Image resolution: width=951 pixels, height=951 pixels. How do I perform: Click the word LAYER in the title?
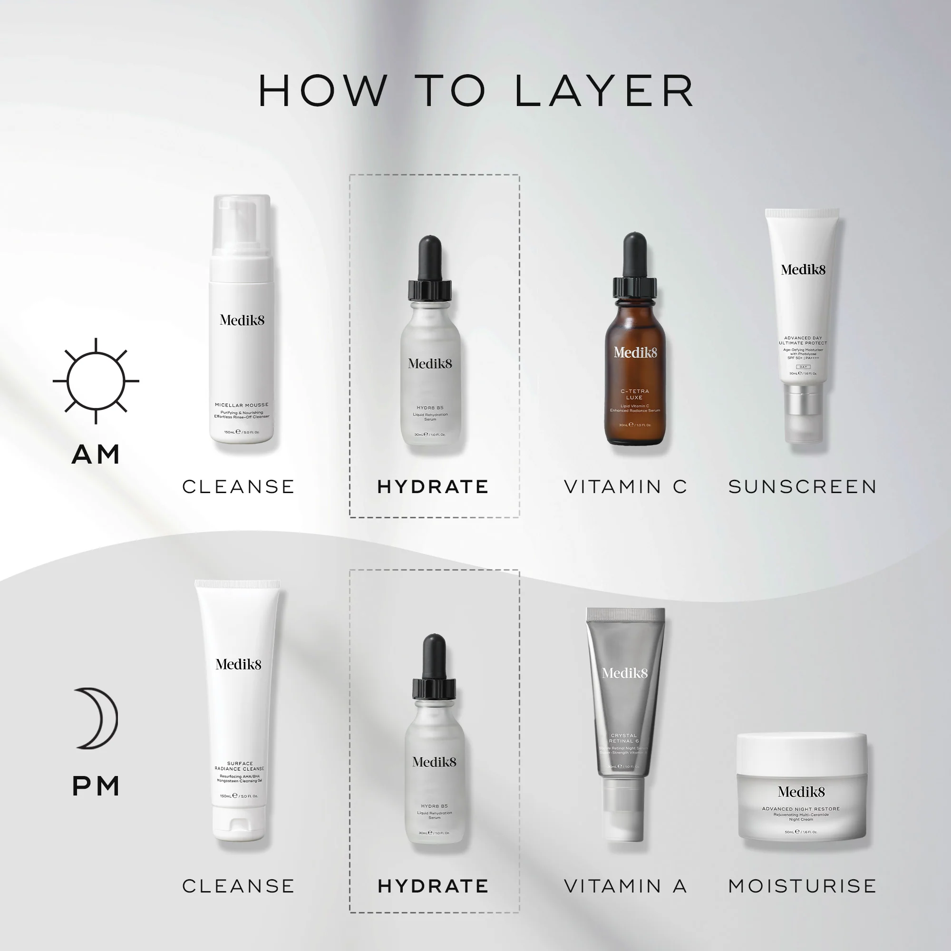click(604, 91)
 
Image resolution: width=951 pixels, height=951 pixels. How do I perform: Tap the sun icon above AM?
click(96, 381)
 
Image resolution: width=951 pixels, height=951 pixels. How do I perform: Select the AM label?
click(96, 454)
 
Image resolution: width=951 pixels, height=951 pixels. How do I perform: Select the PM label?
click(96, 786)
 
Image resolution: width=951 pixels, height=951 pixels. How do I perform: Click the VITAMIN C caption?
click(625, 487)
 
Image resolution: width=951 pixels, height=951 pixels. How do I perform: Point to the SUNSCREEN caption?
click(802, 487)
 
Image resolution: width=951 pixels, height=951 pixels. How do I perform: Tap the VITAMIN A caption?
click(625, 886)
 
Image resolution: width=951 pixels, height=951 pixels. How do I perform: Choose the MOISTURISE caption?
click(802, 886)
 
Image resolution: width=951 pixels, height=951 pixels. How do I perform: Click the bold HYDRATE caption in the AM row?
click(433, 487)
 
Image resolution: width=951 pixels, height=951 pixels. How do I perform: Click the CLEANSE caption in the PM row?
click(239, 886)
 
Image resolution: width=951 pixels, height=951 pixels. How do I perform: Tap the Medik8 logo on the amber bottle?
click(635, 352)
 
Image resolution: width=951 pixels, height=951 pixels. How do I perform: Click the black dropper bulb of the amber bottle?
click(634, 253)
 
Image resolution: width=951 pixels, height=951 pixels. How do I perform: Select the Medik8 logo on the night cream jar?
click(801, 792)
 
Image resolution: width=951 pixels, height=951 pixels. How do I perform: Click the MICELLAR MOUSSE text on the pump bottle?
click(242, 405)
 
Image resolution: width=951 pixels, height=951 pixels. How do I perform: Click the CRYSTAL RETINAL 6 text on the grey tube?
click(624, 738)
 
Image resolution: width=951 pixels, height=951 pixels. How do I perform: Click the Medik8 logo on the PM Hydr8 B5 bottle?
click(434, 762)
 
